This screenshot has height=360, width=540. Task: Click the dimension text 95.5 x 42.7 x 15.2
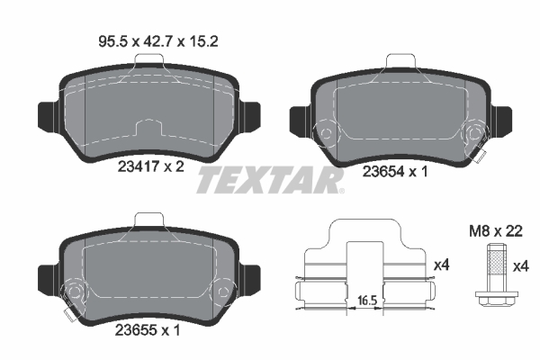pos(148,40)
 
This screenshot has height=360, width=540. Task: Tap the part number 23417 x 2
pos(150,166)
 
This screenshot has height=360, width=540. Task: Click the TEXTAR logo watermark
pos(270,180)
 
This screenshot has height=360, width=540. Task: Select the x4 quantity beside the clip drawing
pos(442,265)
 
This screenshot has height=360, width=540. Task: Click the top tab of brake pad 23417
pos(148,60)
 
